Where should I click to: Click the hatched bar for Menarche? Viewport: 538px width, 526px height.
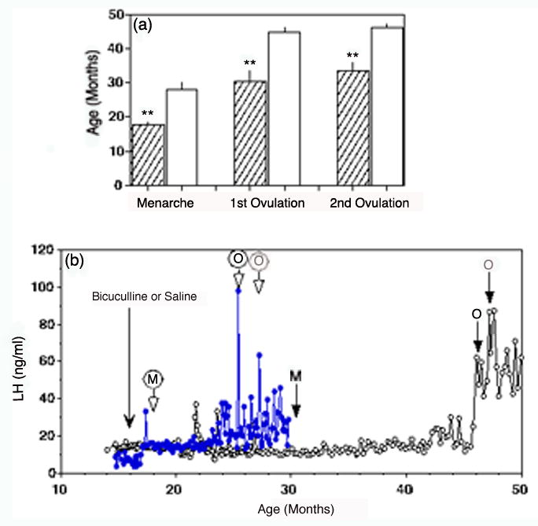pos(147,155)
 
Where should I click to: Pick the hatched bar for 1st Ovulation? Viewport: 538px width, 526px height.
pos(249,133)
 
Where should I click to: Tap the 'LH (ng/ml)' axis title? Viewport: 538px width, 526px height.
pos(23,361)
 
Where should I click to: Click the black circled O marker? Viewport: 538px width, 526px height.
pos(238,258)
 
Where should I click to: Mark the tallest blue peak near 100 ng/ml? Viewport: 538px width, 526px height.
pos(238,290)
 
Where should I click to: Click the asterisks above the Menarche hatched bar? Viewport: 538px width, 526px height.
pos(147,113)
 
